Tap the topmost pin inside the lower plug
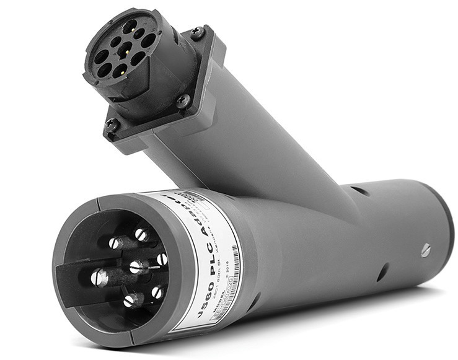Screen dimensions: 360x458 tap(141, 235)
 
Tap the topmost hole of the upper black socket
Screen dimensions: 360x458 tap(130, 27)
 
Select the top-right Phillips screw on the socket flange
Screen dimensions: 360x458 tap(197, 32)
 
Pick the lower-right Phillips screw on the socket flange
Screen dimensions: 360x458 tap(183, 100)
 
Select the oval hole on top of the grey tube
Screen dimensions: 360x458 tap(362, 190)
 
